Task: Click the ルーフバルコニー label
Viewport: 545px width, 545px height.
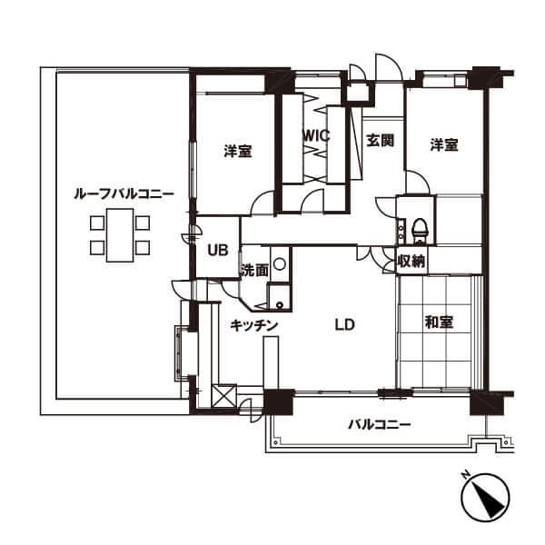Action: pyautogui.click(x=124, y=193)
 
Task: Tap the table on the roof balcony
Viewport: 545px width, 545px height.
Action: pyautogui.click(x=120, y=235)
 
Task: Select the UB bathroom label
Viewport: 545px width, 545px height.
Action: pyautogui.click(x=218, y=250)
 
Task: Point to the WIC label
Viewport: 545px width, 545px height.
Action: pyautogui.click(x=315, y=136)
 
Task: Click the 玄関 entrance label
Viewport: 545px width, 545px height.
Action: pyautogui.click(x=381, y=141)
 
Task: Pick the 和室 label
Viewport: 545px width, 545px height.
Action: pyautogui.click(x=439, y=322)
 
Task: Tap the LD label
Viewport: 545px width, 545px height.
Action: pyautogui.click(x=344, y=324)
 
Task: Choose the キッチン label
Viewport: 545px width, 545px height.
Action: pyautogui.click(x=254, y=325)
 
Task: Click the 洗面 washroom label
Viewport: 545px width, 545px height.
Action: pyautogui.click(x=254, y=270)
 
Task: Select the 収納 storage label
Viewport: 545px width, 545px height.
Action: pyautogui.click(x=411, y=261)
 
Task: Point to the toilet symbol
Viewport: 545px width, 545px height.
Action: pyautogui.click(x=420, y=231)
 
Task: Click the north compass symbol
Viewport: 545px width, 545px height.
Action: pyautogui.click(x=485, y=496)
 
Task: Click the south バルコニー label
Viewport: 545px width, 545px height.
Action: pyautogui.click(x=380, y=424)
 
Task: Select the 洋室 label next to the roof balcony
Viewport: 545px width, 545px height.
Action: pyautogui.click(x=238, y=151)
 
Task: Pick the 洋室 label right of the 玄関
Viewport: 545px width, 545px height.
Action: pyautogui.click(x=444, y=145)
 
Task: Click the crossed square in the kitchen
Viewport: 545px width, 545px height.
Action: pyautogui.click(x=223, y=395)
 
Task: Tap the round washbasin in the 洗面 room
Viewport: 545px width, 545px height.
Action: pyautogui.click(x=280, y=263)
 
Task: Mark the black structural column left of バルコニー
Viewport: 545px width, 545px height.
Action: pyautogui.click(x=279, y=402)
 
